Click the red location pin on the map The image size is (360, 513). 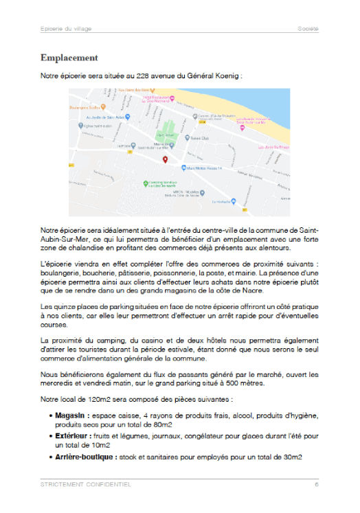point(165,160)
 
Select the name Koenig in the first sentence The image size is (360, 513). point(227,76)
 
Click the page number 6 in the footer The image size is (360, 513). point(317,485)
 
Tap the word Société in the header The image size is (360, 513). point(308,29)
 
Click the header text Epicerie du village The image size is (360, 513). point(65,29)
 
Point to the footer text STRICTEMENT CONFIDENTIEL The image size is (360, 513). point(85,485)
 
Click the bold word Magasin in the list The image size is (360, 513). point(71,415)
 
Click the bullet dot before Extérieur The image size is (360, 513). point(51,436)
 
